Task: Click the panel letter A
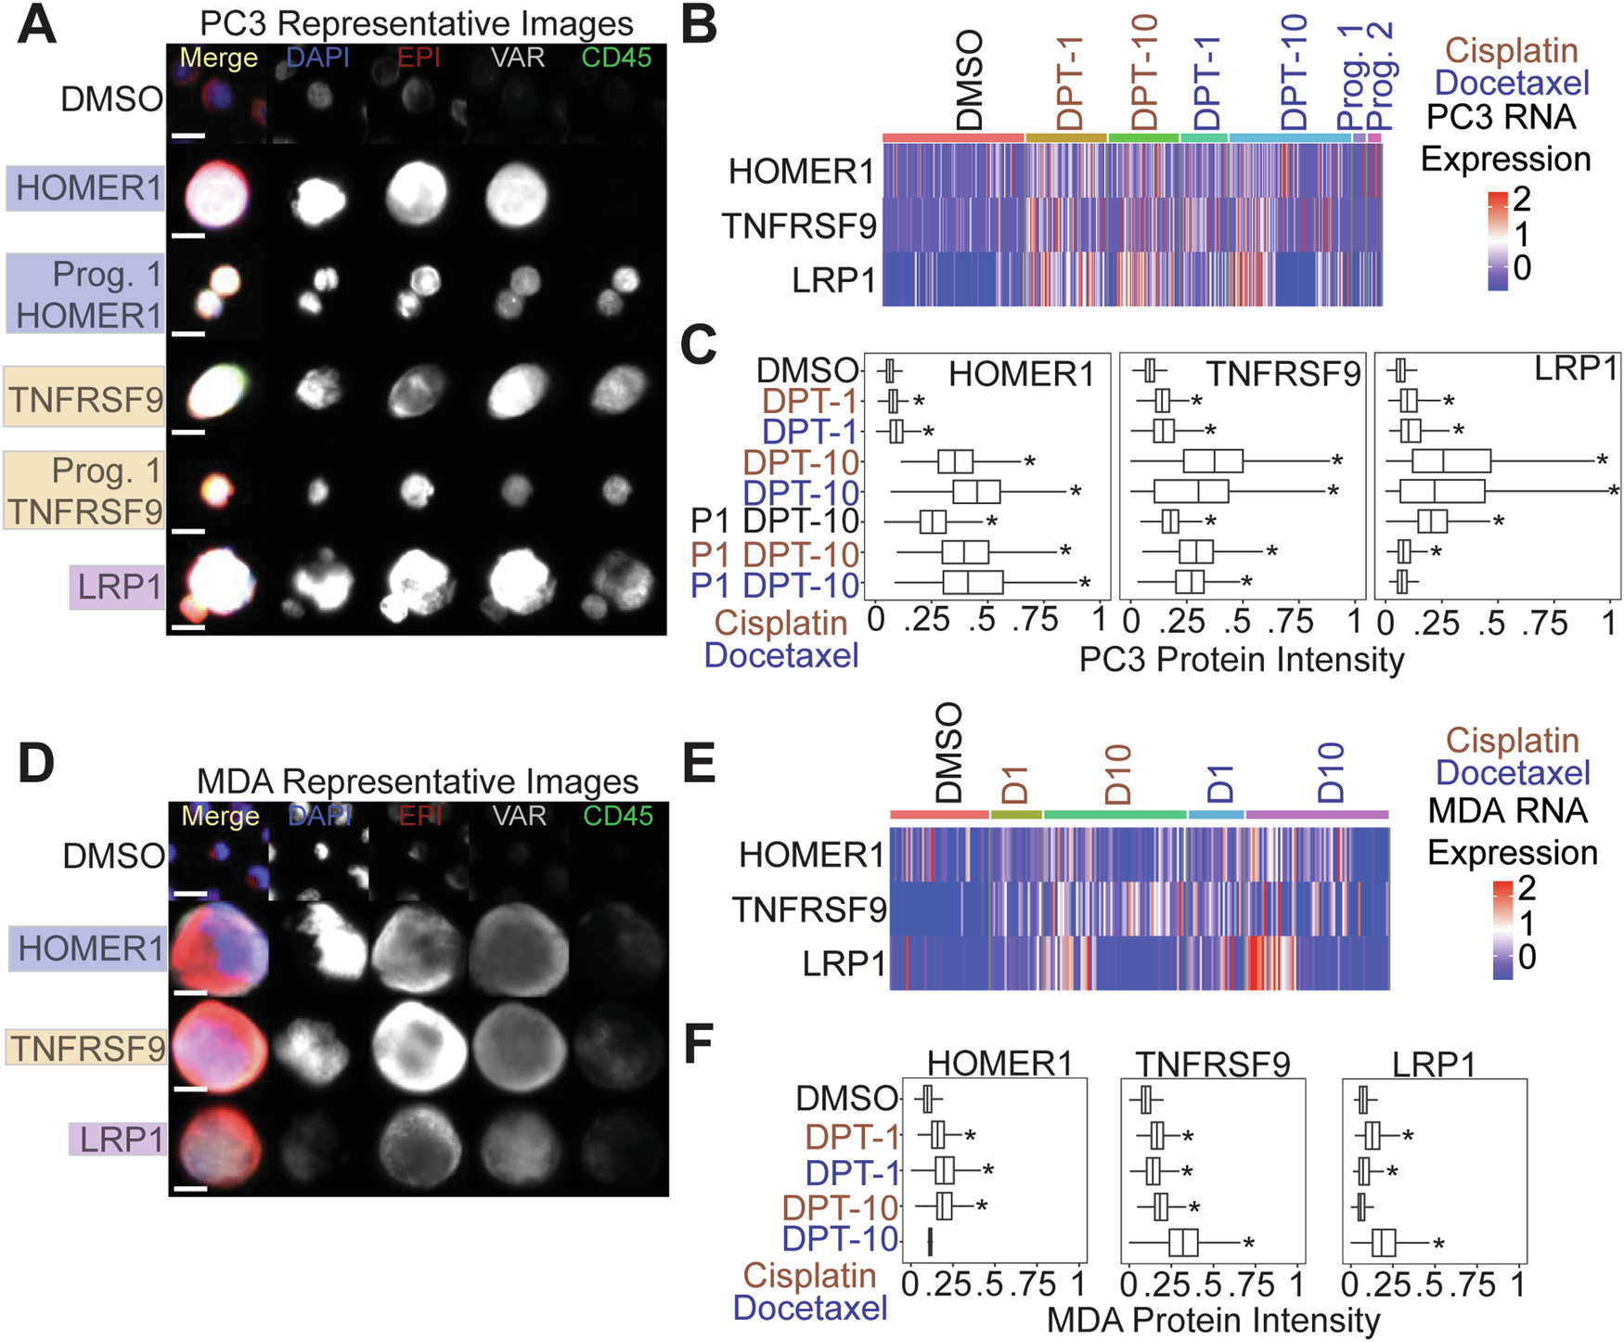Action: point(37,25)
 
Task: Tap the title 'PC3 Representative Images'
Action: point(417,23)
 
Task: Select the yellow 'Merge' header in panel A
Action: point(218,58)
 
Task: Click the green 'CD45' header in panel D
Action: point(618,816)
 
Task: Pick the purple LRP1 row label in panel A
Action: point(118,587)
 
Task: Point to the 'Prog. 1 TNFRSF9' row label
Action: point(85,491)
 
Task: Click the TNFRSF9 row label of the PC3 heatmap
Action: point(799,226)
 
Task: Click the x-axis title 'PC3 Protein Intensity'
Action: point(1241,660)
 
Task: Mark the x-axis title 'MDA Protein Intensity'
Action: point(1213,1320)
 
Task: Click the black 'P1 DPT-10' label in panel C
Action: point(776,523)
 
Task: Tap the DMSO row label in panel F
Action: point(846,1099)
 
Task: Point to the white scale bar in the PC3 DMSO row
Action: point(188,136)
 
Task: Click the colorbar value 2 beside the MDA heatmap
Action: point(1526,889)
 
